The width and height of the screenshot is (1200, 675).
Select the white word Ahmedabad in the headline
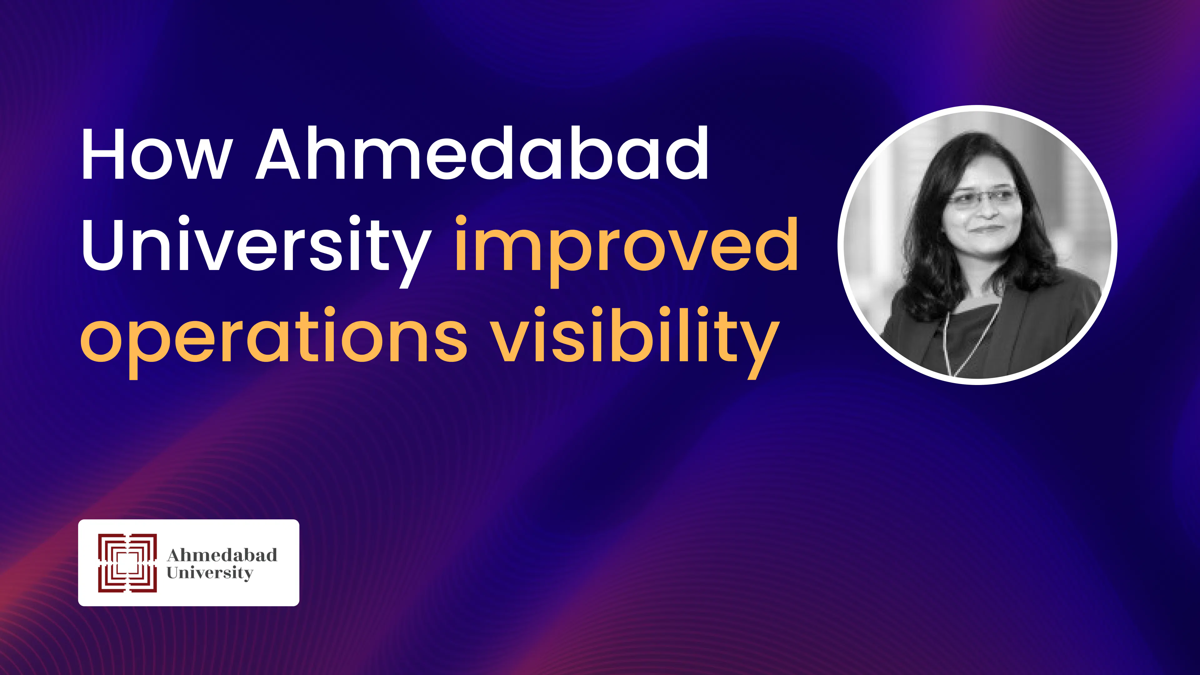point(482,154)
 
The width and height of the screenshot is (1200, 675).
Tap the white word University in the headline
point(256,245)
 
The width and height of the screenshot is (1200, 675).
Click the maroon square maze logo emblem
point(127,563)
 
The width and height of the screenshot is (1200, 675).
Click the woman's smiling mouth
point(987,229)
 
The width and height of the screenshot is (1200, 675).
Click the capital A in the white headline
point(279,154)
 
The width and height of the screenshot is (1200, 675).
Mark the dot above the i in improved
point(461,221)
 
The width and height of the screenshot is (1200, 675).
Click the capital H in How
point(103,154)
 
